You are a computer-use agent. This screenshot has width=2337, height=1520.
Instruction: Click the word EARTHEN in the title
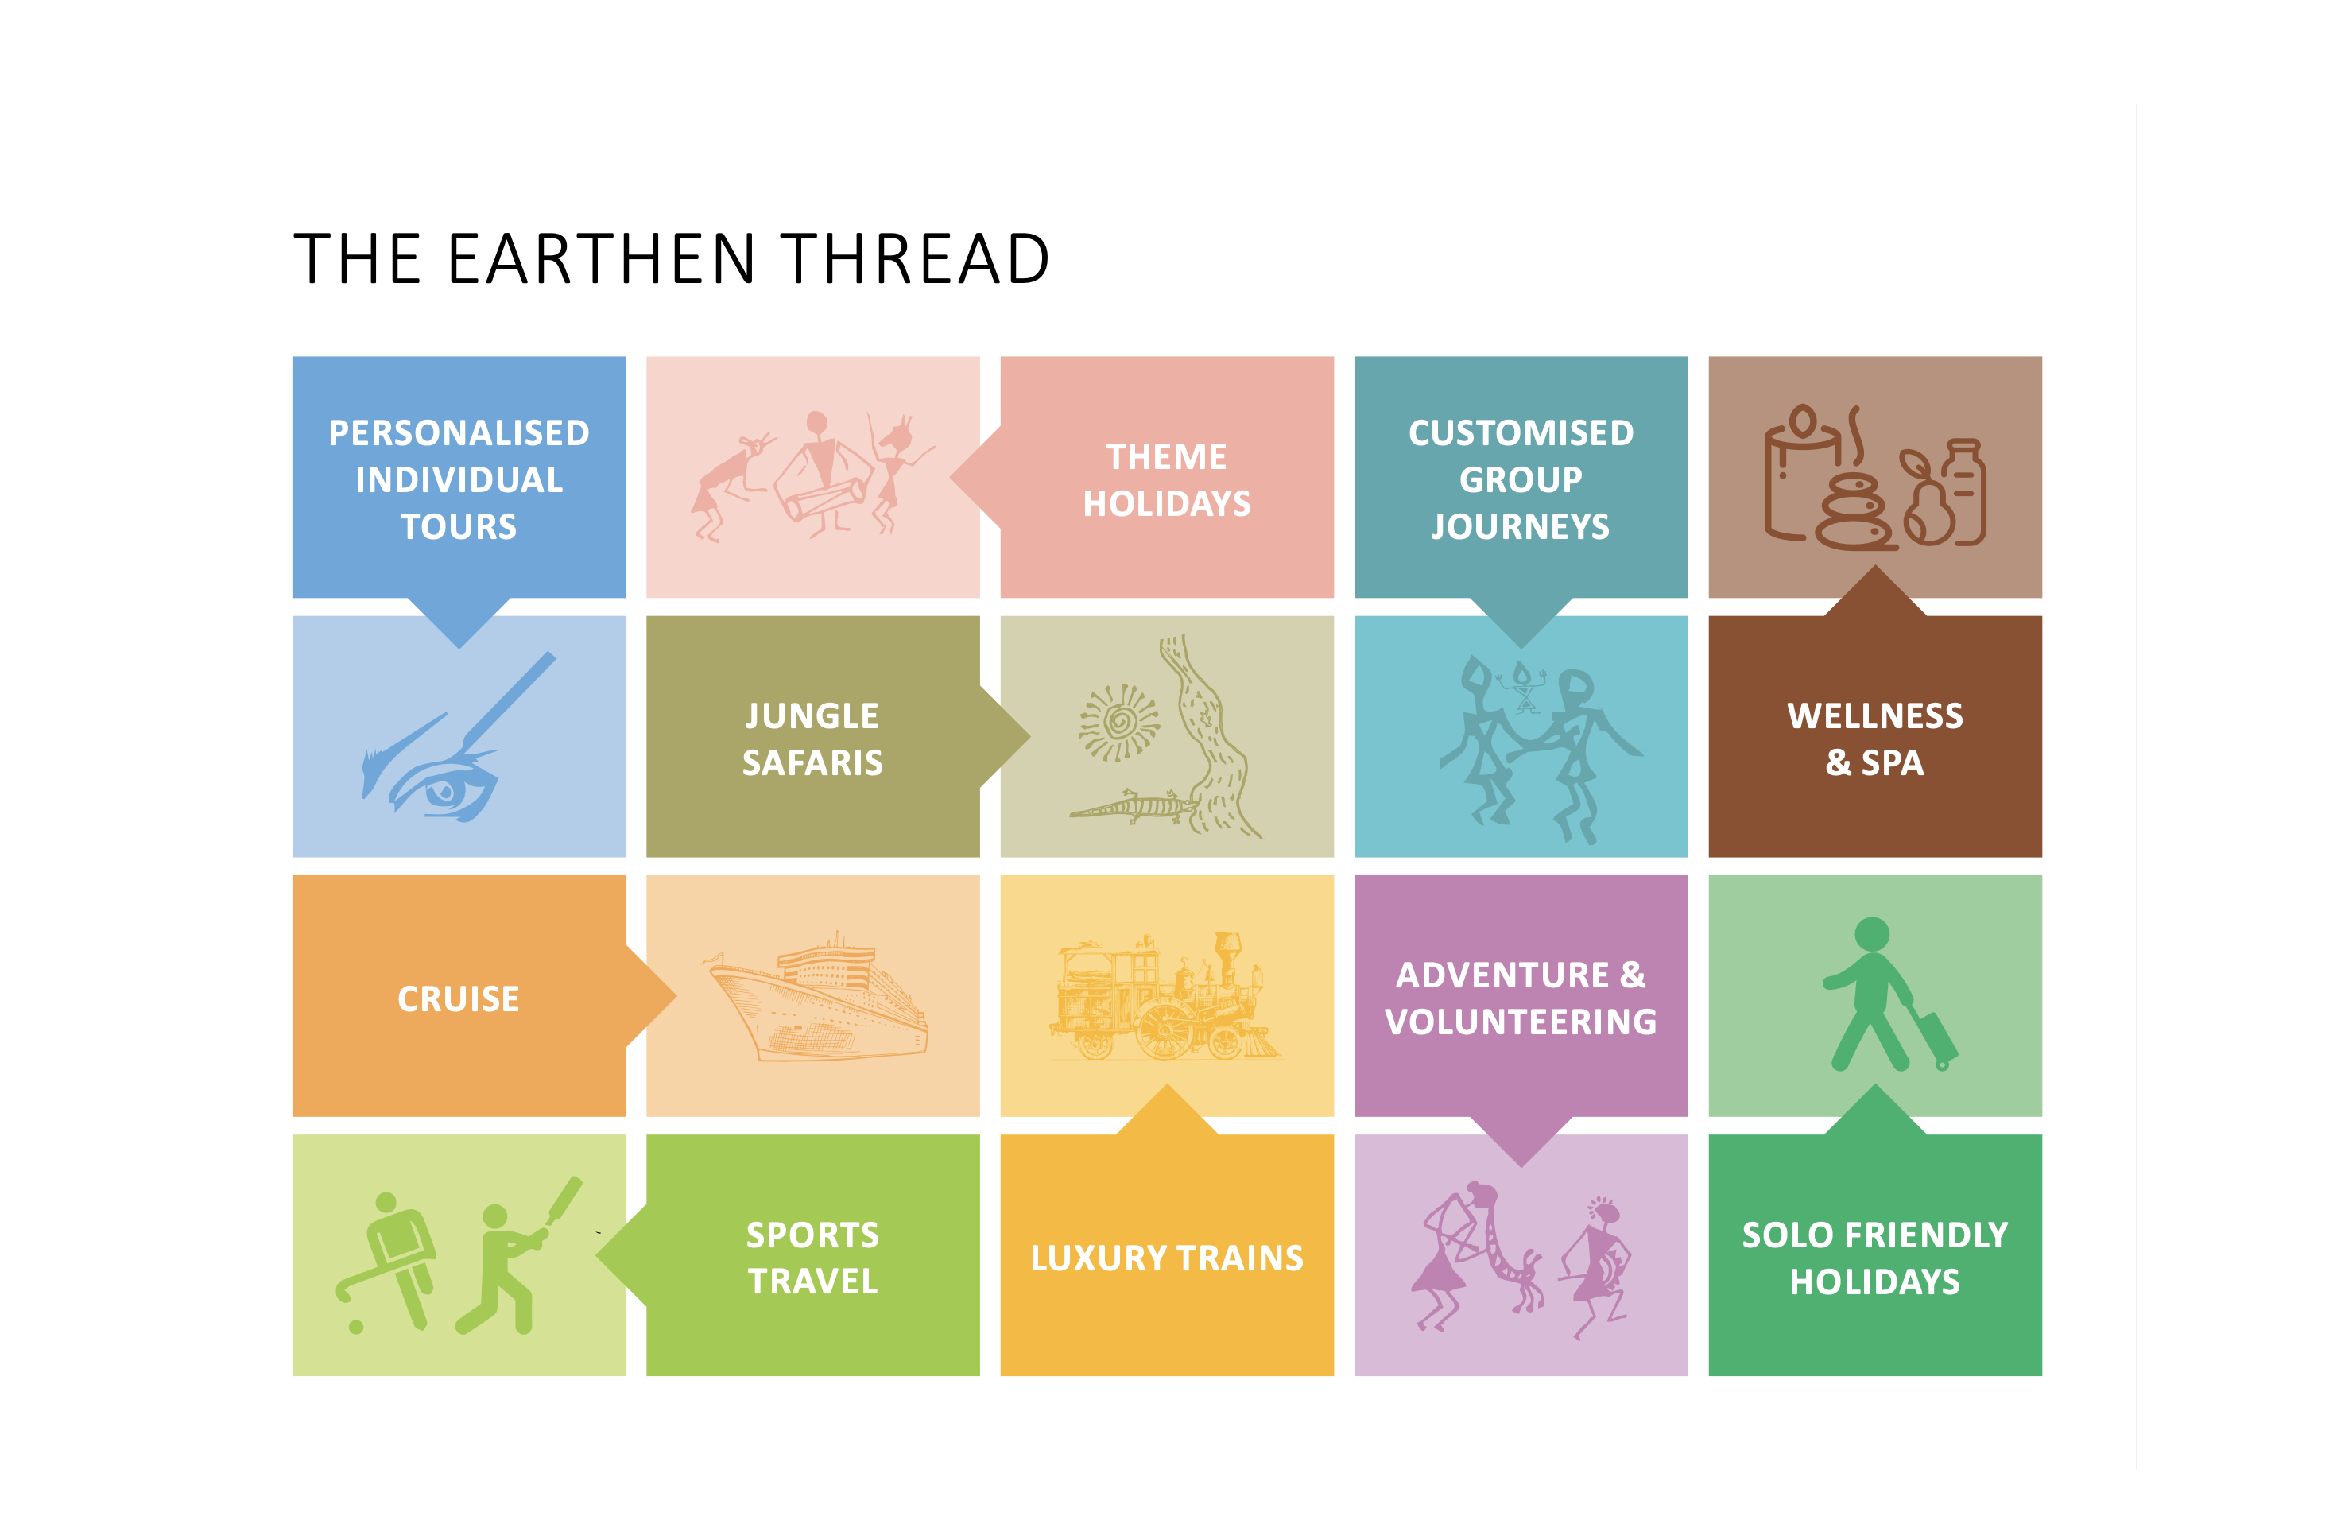(602, 259)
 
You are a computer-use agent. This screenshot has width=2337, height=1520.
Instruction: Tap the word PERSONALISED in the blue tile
(459, 433)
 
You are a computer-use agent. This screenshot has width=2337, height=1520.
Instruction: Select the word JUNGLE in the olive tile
(812, 715)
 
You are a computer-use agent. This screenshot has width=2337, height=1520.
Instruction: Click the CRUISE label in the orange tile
(459, 998)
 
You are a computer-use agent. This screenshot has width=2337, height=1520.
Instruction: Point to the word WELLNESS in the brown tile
(1874, 715)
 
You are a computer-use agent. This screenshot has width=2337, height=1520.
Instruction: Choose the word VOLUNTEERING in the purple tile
(1521, 1022)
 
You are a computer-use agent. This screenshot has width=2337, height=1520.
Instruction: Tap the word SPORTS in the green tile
(812, 1235)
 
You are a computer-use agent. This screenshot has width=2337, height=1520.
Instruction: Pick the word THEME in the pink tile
(1167, 456)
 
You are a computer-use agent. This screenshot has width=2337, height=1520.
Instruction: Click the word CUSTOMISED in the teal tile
(1521, 433)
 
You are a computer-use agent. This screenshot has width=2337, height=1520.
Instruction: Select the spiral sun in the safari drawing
(1118, 723)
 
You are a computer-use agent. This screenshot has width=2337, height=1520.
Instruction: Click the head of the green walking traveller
(1873, 934)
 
